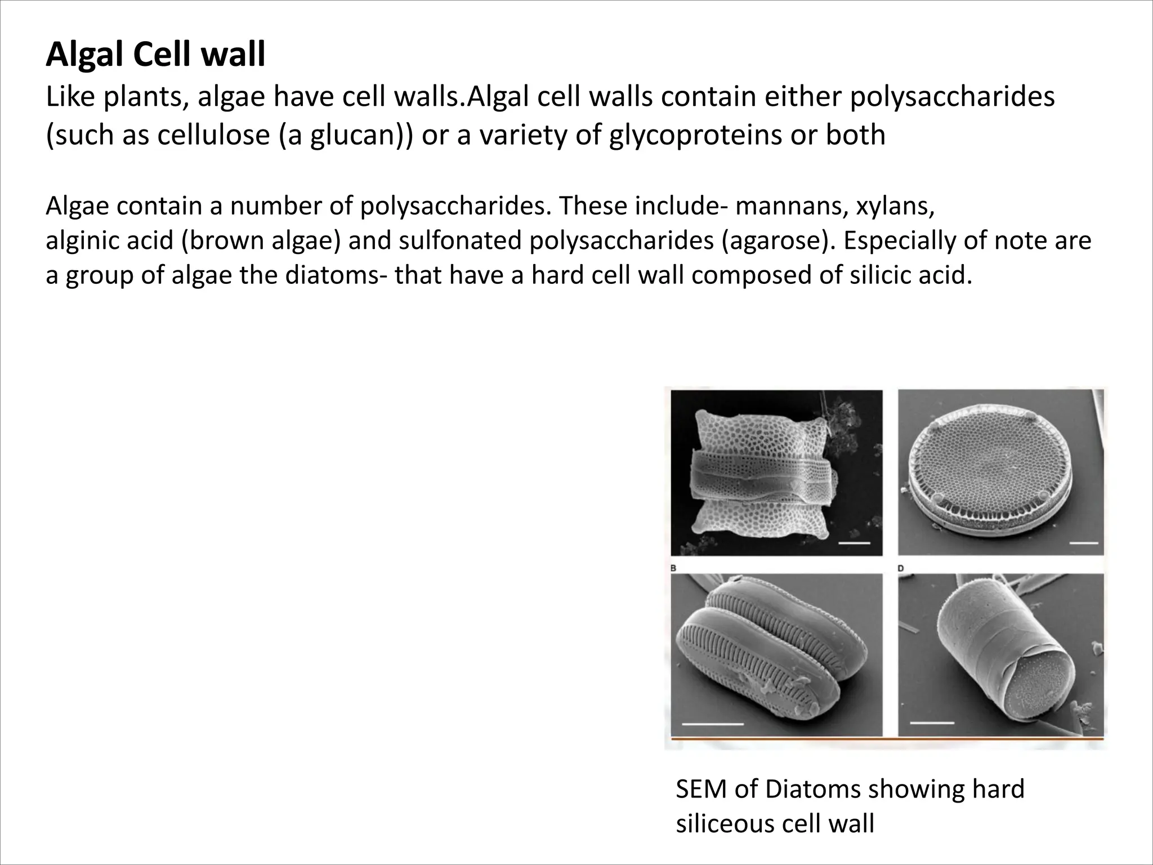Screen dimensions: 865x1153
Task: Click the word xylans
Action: coord(895,206)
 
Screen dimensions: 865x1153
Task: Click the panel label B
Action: coord(673,569)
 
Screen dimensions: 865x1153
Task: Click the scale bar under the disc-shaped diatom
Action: coord(1084,543)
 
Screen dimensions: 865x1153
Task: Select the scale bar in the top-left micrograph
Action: coord(854,543)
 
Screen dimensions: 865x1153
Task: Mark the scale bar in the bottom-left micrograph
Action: coord(712,723)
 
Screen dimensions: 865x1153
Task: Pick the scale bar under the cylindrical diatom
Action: coord(932,723)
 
